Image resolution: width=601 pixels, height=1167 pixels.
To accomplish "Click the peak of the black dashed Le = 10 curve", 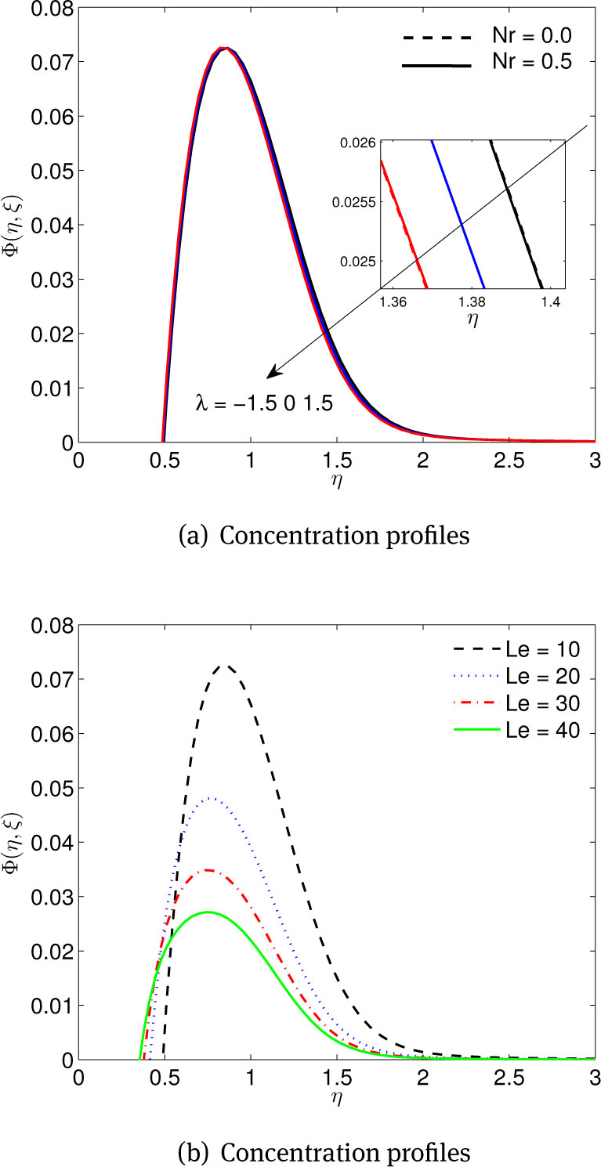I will (x=226, y=666).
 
